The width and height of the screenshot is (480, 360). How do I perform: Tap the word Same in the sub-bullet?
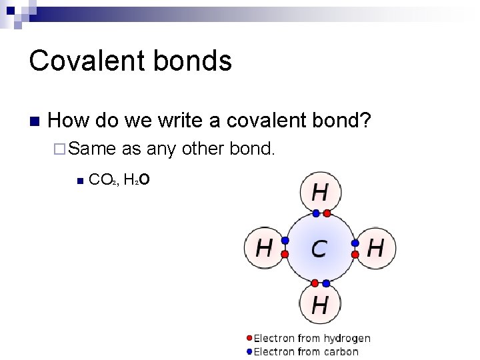[91, 149]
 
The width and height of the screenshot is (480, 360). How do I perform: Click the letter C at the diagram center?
[319, 249]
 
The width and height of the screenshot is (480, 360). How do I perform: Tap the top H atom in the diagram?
[320, 193]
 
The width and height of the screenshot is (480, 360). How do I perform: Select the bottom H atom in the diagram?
[320, 305]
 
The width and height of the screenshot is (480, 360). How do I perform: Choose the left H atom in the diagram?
[264, 249]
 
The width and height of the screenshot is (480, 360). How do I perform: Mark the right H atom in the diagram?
[376, 249]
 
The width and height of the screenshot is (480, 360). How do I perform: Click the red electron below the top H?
[327, 214]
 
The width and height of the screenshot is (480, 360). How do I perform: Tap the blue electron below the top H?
[315, 214]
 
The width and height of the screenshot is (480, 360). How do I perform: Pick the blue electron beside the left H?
[285, 241]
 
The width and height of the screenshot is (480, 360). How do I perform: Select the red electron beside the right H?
[355, 255]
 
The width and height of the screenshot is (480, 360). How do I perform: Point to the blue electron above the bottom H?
[327, 283]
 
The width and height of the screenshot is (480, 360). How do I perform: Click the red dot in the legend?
[249, 339]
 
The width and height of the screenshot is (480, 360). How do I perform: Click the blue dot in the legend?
[249, 351]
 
